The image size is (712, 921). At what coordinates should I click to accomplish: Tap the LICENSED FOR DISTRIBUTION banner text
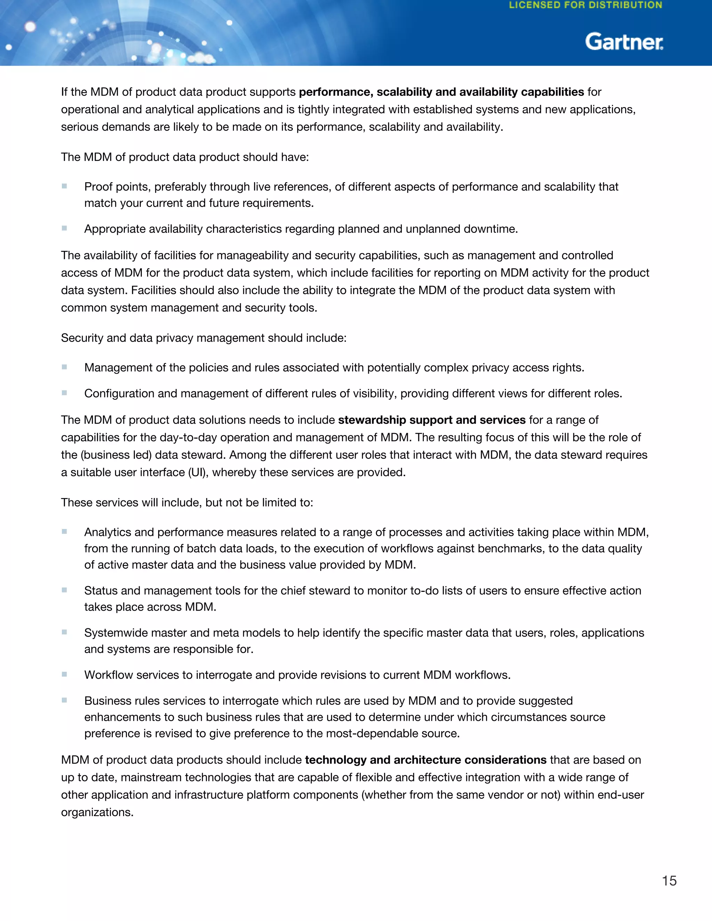click(585, 6)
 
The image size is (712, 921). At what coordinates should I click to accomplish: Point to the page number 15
click(669, 881)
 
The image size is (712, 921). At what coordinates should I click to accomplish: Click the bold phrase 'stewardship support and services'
click(431, 420)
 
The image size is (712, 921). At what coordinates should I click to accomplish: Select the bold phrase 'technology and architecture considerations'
click(426, 760)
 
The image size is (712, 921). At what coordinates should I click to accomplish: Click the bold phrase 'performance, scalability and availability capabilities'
click(441, 92)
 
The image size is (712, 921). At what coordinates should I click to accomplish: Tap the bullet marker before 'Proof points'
click(65, 186)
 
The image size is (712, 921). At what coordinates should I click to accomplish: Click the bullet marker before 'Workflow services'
click(65, 674)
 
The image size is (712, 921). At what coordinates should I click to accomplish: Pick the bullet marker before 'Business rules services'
click(65, 700)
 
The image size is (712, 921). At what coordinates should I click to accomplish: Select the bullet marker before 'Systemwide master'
click(65, 632)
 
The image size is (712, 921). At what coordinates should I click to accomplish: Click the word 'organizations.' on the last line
click(97, 812)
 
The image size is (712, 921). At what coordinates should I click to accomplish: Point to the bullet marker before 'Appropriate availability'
click(65, 228)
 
